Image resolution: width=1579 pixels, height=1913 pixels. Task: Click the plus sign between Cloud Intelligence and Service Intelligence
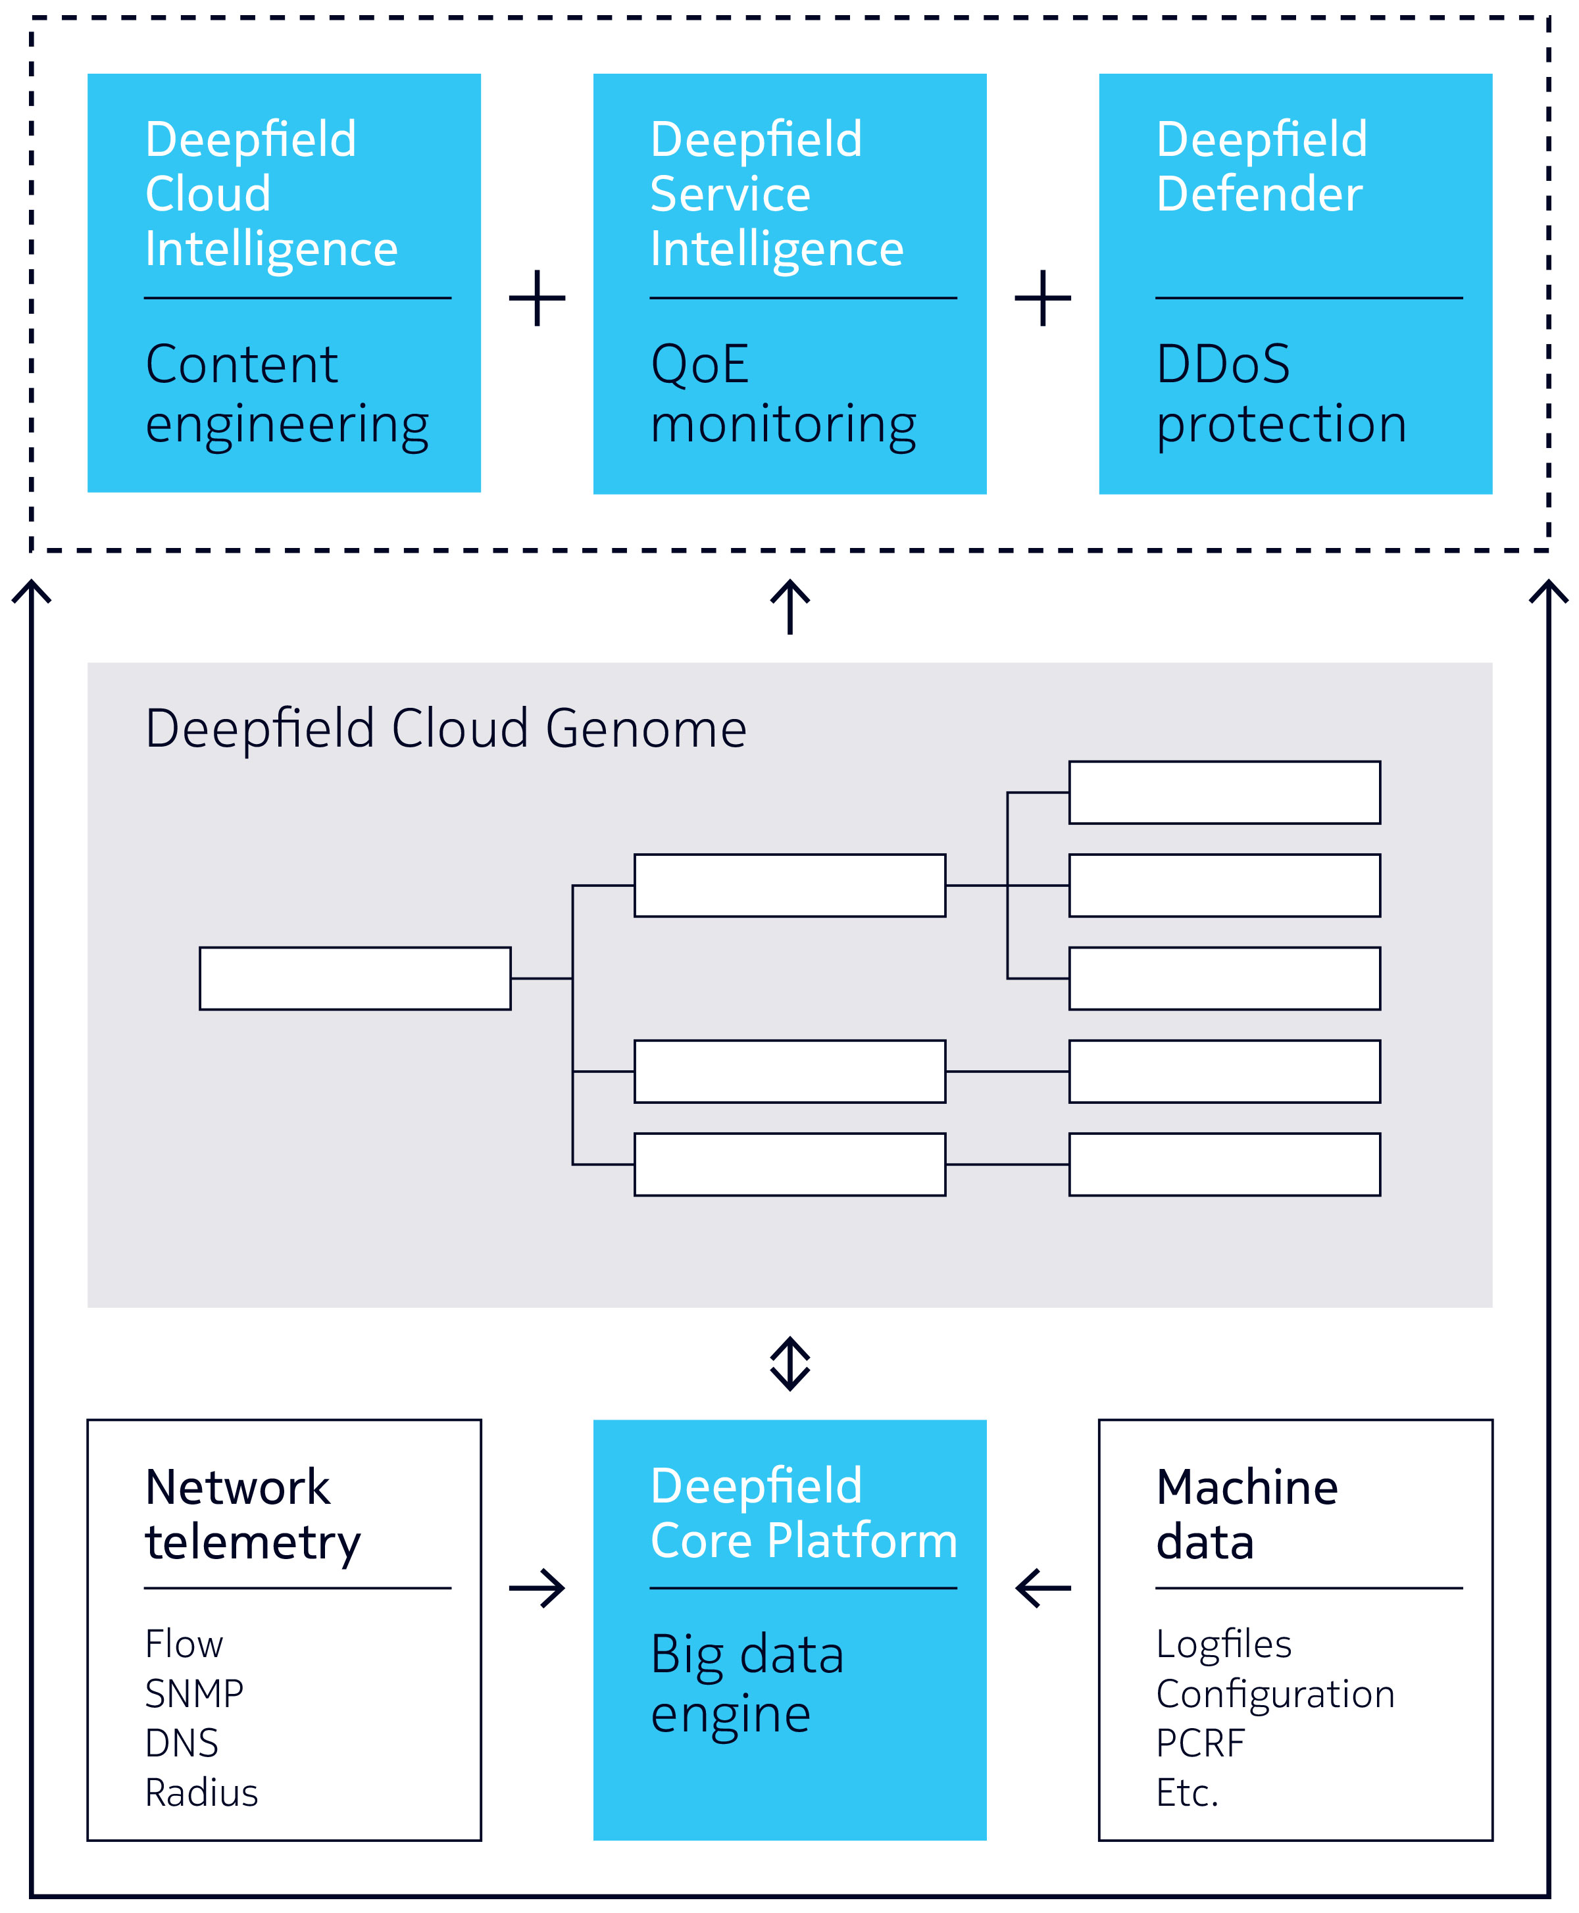tap(537, 297)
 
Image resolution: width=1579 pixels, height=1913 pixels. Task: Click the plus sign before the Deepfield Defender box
tap(1042, 297)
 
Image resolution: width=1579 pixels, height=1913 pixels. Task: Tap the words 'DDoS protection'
tap(1281, 393)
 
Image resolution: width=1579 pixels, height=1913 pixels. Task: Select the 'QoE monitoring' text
tap(783, 393)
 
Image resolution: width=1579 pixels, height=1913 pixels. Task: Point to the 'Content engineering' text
tap(286, 393)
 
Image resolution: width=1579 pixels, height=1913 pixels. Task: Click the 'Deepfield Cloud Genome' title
tap(445, 729)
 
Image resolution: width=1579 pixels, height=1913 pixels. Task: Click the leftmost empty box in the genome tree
tap(355, 978)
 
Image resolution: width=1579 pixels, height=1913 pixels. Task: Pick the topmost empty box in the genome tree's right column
tap(1224, 793)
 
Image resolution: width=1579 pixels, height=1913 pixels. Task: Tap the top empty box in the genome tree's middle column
tap(789, 885)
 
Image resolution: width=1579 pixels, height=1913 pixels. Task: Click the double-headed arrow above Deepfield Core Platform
tap(789, 1364)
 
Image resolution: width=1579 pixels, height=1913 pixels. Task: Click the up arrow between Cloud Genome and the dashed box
tap(789, 607)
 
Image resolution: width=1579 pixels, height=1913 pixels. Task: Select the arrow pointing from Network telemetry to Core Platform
tap(537, 1589)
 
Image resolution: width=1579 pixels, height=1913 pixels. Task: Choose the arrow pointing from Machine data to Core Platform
tap(1042, 1589)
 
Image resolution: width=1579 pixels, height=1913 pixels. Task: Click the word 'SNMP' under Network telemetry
tap(193, 1694)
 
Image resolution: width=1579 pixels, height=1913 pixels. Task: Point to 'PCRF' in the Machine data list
tap(1200, 1743)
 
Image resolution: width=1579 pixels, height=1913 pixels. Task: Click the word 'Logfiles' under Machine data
tap(1223, 1644)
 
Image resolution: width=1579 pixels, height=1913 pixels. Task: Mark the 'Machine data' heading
tap(1246, 1515)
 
